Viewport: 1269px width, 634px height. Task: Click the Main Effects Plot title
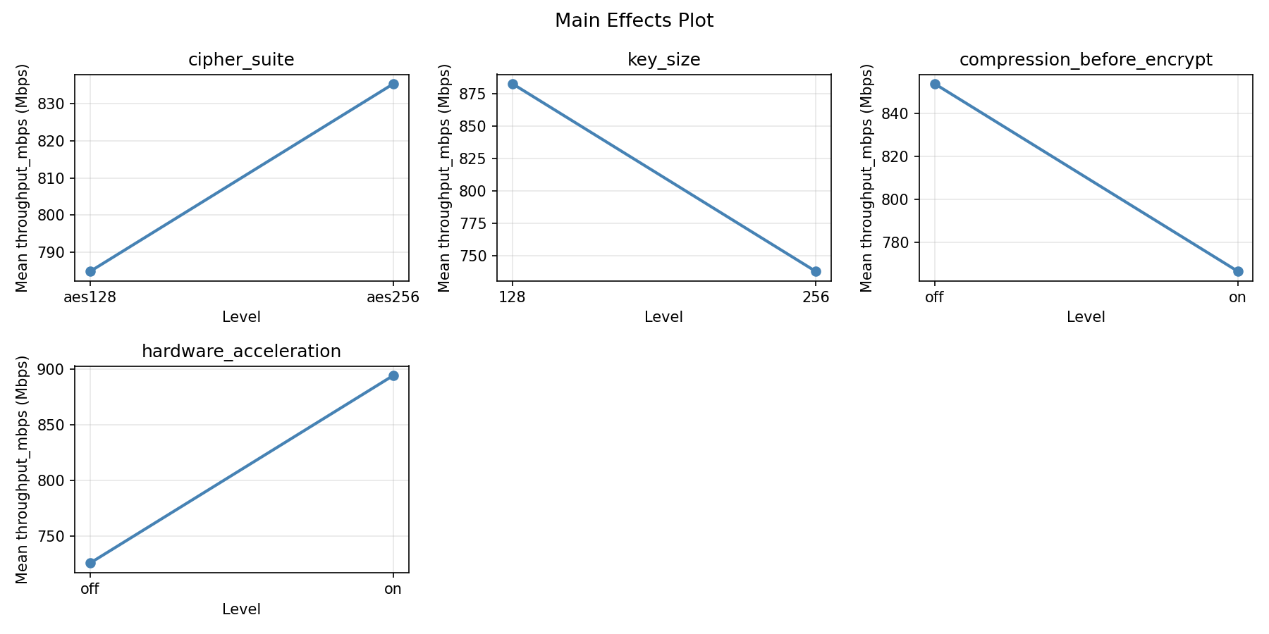pyautogui.click(x=634, y=21)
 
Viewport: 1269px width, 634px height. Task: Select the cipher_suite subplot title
pyautogui.click(x=241, y=60)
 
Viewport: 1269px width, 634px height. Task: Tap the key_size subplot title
pyautogui.click(x=663, y=60)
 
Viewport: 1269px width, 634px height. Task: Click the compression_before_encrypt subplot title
pyautogui.click(x=1086, y=60)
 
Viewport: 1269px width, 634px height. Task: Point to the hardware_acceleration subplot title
pyautogui.click(x=241, y=352)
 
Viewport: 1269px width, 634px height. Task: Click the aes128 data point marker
pyautogui.click(x=90, y=271)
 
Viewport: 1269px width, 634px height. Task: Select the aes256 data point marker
pyautogui.click(x=393, y=84)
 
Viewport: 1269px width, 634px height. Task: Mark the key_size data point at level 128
pyautogui.click(x=513, y=84)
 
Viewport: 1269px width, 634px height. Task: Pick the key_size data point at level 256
pyautogui.click(x=816, y=271)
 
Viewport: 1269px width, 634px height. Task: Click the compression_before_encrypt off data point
pyautogui.click(x=935, y=84)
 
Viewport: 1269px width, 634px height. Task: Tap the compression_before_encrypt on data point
pyautogui.click(x=1238, y=271)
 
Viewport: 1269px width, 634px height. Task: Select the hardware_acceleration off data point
pyautogui.click(x=90, y=563)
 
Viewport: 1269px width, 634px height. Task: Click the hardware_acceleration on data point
pyautogui.click(x=393, y=375)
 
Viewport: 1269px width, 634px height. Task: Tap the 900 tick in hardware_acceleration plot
pyautogui.click(x=56, y=370)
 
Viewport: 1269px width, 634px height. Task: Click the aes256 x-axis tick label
pyautogui.click(x=393, y=297)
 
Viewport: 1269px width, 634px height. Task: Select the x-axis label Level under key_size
pyautogui.click(x=663, y=317)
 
